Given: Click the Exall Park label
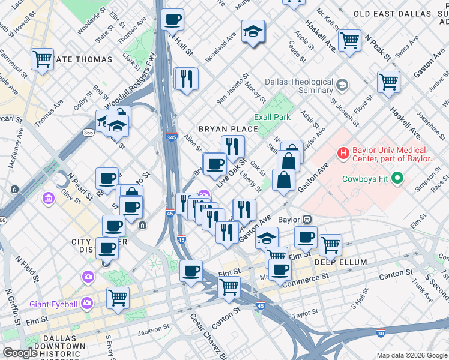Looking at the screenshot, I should pyautogui.click(x=273, y=117).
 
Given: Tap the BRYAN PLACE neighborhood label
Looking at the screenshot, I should pyautogui.click(x=228, y=129).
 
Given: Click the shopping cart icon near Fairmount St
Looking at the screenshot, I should pyautogui.click(x=42, y=59).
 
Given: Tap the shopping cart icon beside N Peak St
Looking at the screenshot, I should pyautogui.click(x=349, y=40).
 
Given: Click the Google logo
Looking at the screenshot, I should pyautogui.click(x=20, y=353).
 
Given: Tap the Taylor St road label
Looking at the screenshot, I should pyautogui.click(x=306, y=313).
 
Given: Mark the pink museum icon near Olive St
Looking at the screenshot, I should pyautogui.click(x=49, y=197).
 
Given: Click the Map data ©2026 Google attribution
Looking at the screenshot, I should pyautogui.click(x=411, y=355).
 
